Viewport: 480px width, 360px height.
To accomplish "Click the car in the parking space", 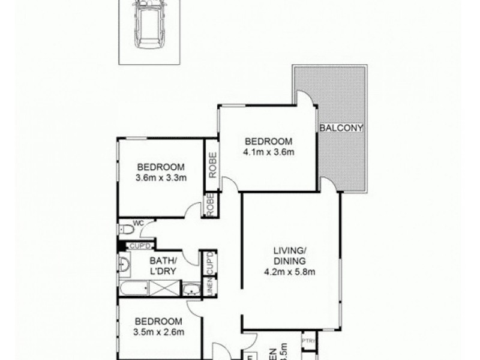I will [x=149, y=25].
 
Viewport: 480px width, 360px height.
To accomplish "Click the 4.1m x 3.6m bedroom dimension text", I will [x=268, y=151].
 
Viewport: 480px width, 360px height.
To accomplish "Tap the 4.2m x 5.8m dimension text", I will [x=290, y=271].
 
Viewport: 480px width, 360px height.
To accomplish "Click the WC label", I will [x=137, y=223].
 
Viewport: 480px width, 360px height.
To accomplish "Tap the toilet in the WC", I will [x=127, y=229].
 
